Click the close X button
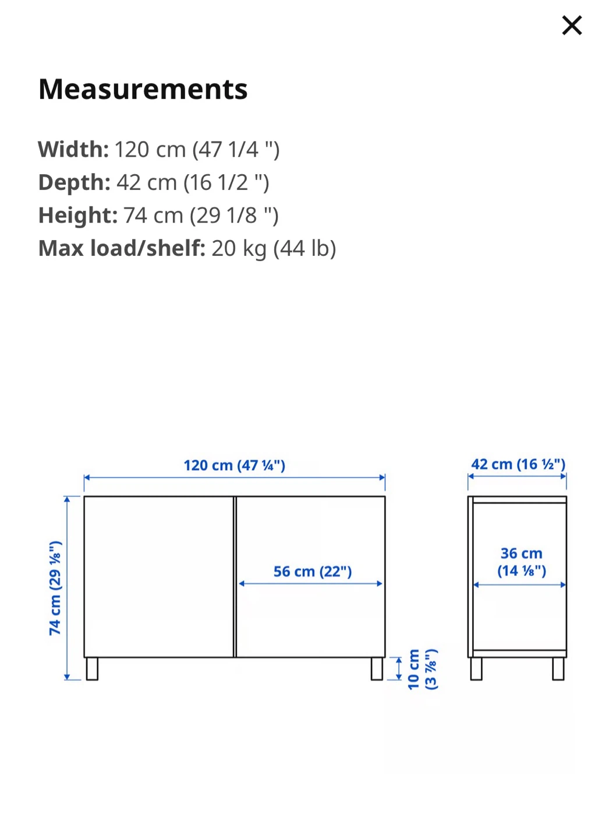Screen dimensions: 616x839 572,26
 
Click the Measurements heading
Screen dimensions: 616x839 143,90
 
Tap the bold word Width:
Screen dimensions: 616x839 73,149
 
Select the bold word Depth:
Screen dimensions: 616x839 75,182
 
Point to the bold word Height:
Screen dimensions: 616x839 78,216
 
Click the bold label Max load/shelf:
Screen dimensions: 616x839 122,248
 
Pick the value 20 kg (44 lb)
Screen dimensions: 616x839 274,248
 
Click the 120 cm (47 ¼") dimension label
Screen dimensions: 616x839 234,465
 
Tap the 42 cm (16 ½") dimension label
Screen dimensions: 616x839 518,464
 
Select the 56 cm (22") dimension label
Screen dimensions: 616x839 313,572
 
